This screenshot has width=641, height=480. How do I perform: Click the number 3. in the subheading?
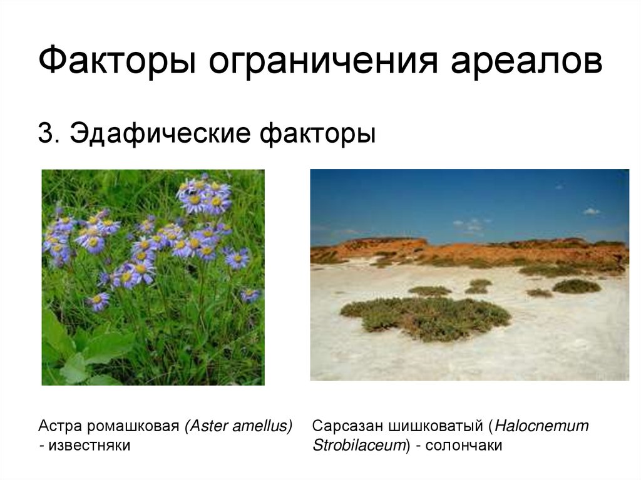coord(49,133)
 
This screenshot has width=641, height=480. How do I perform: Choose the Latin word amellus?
coord(262,427)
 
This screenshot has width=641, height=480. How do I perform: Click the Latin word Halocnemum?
coord(542,427)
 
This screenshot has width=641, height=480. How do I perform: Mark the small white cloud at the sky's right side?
coord(591,212)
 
